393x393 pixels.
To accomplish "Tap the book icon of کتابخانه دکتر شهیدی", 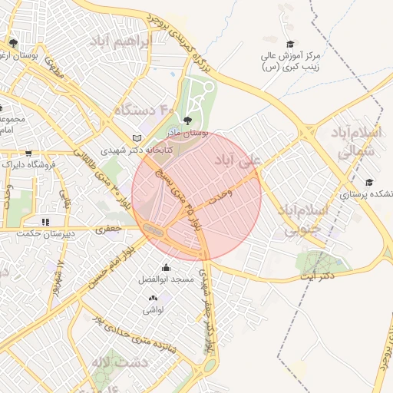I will [137, 137].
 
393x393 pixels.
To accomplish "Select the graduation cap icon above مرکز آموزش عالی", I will [289, 45].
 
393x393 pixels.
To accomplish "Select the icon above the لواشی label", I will [151, 297].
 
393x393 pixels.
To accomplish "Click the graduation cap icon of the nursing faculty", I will [369, 182].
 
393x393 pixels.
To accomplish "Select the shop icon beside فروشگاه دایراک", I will [28, 153].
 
